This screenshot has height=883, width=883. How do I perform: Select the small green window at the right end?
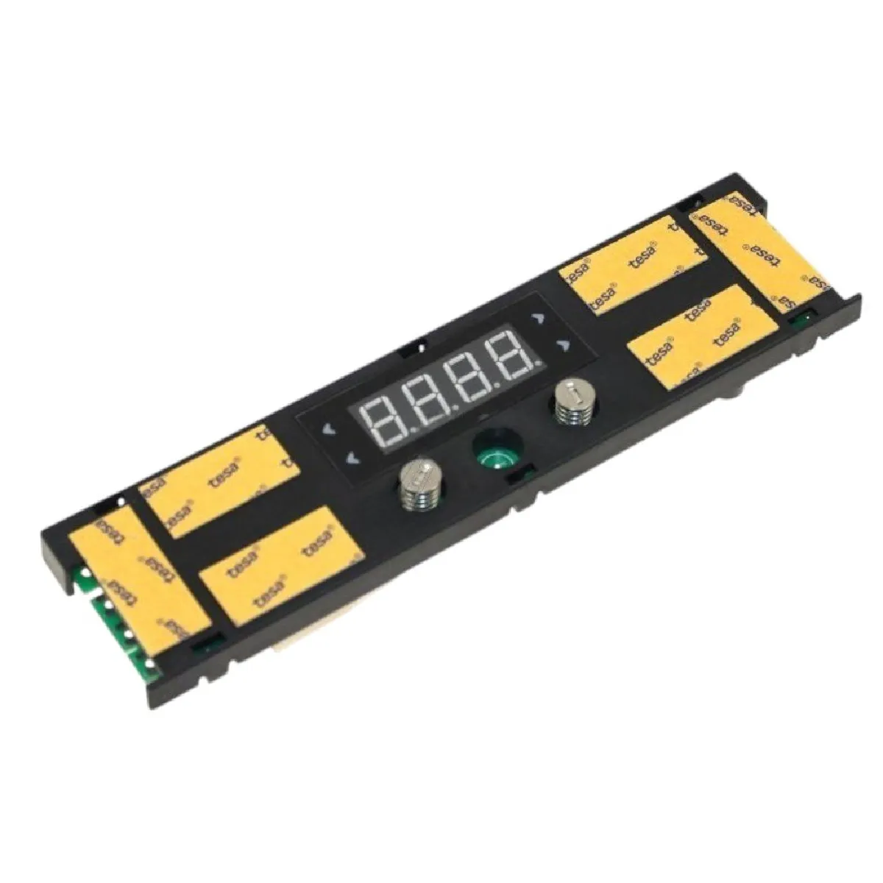pyautogui.click(x=801, y=319)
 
